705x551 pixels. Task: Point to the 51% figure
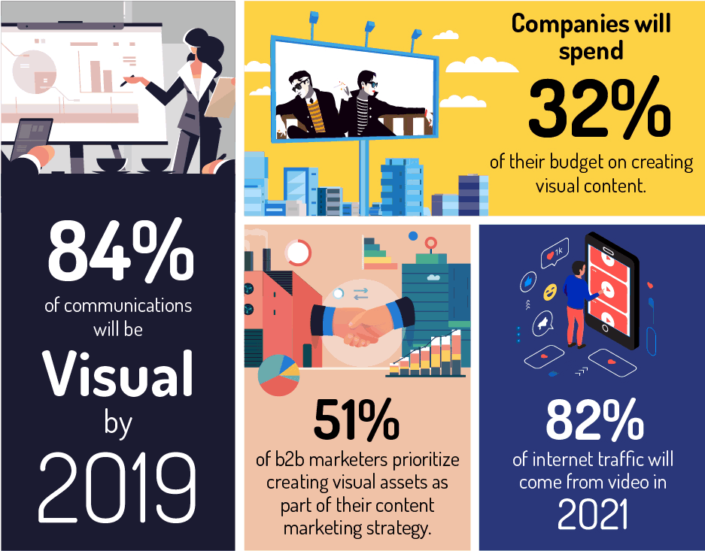(x=357, y=420)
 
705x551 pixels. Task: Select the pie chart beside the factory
(x=278, y=375)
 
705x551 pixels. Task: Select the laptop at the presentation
(x=28, y=138)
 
